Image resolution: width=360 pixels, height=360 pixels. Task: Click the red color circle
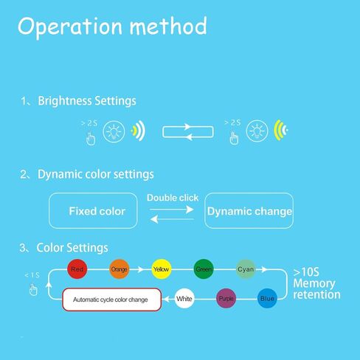(77, 269)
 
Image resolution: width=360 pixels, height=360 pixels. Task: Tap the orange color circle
(120, 269)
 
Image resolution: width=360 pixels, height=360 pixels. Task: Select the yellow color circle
(162, 269)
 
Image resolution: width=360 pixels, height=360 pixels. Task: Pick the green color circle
(204, 269)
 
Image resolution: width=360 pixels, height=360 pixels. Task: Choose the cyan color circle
(246, 269)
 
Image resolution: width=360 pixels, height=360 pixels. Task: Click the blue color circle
(267, 298)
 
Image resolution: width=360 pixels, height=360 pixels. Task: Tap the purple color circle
(226, 298)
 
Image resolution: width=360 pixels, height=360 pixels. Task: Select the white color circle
(184, 298)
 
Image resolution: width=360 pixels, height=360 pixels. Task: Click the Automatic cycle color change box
(112, 300)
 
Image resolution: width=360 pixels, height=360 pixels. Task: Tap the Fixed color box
(93, 211)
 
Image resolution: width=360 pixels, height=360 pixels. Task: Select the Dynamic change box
(249, 211)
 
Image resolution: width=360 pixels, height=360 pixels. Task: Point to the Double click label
(173, 198)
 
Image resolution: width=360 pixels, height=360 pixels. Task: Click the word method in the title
(168, 26)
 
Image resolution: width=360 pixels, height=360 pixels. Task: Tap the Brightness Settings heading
(87, 101)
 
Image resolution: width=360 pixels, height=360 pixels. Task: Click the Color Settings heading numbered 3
(72, 248)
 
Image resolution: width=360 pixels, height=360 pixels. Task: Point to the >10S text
(306, 272)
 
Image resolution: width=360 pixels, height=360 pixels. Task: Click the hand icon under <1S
(33, 289)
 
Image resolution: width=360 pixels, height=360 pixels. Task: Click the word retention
(316, 294)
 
